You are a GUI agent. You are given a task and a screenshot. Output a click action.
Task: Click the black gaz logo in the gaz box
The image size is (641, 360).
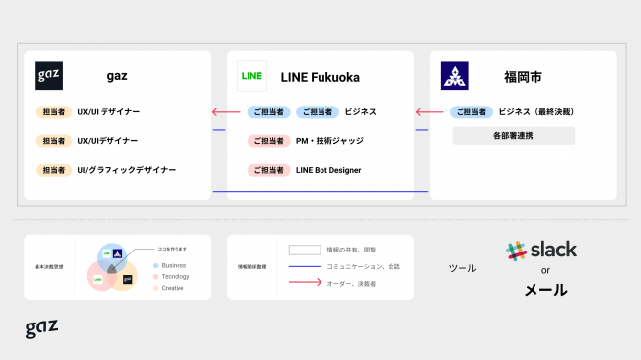coord(48,76)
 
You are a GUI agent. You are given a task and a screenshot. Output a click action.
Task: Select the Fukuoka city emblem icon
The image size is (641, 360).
coord(455,76)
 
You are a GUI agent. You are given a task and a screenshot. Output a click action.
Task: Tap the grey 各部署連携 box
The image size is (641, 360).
coord(513,135)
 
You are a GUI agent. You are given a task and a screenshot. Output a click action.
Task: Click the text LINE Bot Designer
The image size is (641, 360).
coord(328,170)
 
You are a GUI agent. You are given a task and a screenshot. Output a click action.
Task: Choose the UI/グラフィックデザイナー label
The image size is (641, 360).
coord(126,170)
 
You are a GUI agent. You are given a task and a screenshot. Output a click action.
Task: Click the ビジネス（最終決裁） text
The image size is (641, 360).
coord(536,112)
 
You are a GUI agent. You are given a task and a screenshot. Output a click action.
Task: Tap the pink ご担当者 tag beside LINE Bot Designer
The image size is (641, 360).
coord(267,170)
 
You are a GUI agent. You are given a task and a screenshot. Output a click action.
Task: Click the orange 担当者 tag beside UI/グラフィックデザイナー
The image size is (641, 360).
coord(54,170)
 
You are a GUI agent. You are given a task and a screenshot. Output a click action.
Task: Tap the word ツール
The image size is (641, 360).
coord(462,268)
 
